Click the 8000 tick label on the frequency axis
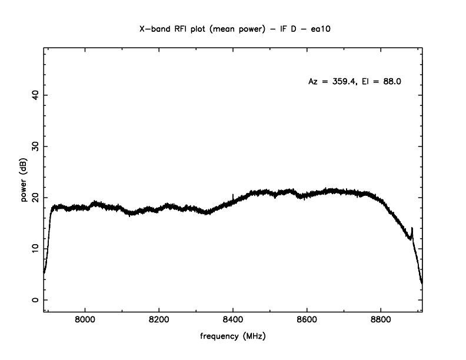tap(85, 321)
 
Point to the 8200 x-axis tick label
tap(159, 321)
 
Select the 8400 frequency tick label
tap(233, 321)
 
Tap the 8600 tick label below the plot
tap(307, 321)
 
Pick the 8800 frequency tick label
tap(381, 321)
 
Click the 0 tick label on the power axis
tap(35, 299)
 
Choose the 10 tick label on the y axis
tap(35, 248)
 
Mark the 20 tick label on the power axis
tap(35, 197)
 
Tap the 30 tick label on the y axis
tap(35, 146)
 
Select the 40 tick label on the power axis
tap(35, 95)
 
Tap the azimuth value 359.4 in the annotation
tap(343, 82)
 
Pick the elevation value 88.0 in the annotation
tap(391, 82)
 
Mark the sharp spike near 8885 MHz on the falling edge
tap(412, 229)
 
